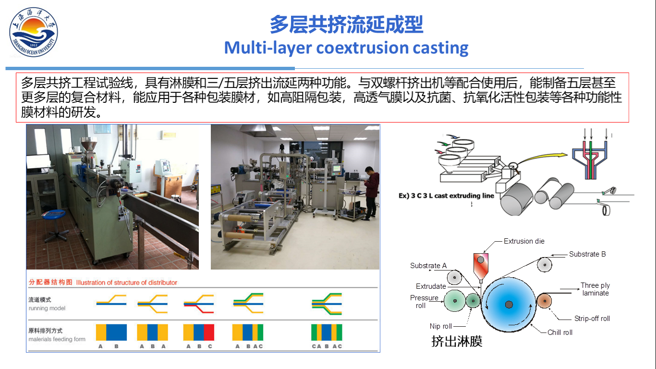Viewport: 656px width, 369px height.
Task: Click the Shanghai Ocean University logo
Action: point(33,32)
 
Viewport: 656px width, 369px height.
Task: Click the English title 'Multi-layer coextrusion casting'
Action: point(346,48)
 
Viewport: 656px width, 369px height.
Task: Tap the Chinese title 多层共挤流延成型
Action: point(346,25)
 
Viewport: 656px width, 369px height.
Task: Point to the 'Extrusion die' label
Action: point(524,241)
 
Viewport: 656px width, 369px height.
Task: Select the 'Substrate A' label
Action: point(428,266)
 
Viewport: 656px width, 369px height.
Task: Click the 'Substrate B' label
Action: point(587,254)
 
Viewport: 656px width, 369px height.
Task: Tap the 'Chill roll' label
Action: point(560,332)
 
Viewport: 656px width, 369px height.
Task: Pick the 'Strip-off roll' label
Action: point(592,319)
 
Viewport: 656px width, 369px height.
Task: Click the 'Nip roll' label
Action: point(441,326)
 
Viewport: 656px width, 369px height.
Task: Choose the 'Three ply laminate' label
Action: point(595,289)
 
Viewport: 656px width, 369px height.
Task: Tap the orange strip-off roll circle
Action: point(544,301)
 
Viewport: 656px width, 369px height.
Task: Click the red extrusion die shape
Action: point(480,265)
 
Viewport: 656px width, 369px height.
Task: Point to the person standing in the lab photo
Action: point(370,192)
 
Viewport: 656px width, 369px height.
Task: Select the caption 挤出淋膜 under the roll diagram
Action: point(457,342)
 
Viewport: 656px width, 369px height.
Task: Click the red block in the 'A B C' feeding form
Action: point(209,332)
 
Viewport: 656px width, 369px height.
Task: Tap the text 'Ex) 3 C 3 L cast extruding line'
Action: point(446,196)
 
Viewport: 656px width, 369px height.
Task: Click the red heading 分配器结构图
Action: point(50,282)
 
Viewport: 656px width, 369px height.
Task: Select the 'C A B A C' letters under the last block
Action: point(327,346)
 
